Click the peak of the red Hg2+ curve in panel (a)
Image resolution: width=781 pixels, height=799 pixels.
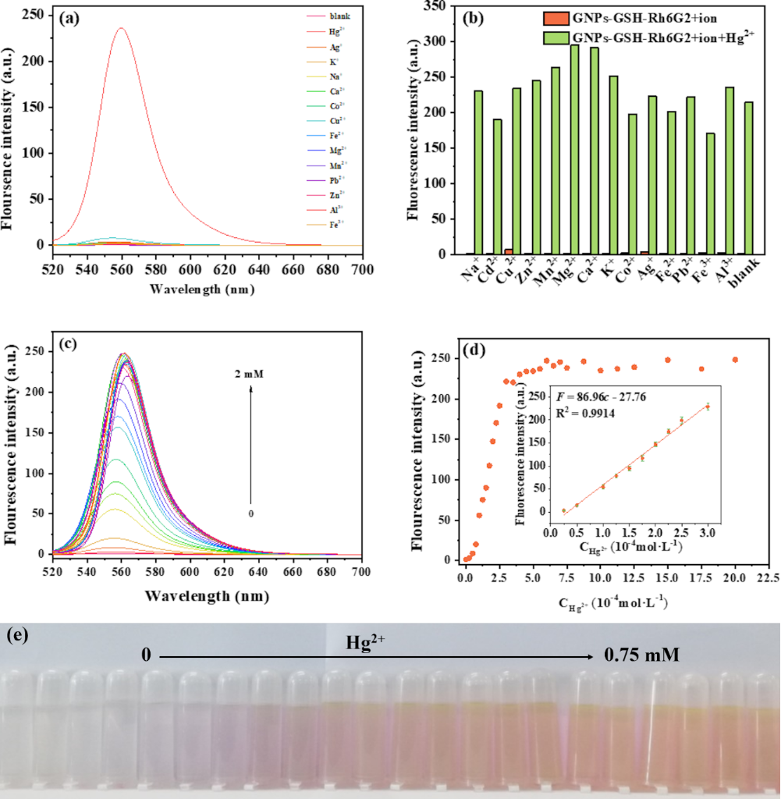click(x=122, y=29)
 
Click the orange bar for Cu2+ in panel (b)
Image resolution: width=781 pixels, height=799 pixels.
click(x=508, y=251)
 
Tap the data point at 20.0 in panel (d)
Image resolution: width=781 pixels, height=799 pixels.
click(x=735, y=360)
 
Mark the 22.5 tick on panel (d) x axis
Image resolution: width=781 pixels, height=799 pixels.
click(x=769, y=579)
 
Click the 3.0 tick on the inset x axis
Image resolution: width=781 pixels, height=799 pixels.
click(x=707, y=532)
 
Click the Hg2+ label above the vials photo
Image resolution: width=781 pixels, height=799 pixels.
click(x=362, y=642)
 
